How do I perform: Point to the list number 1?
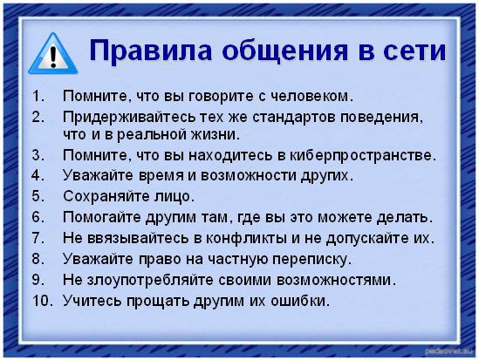37,95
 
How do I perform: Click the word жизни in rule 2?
216,135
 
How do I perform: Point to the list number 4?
37,176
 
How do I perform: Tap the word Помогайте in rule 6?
98,216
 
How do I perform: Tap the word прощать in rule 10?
152,301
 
